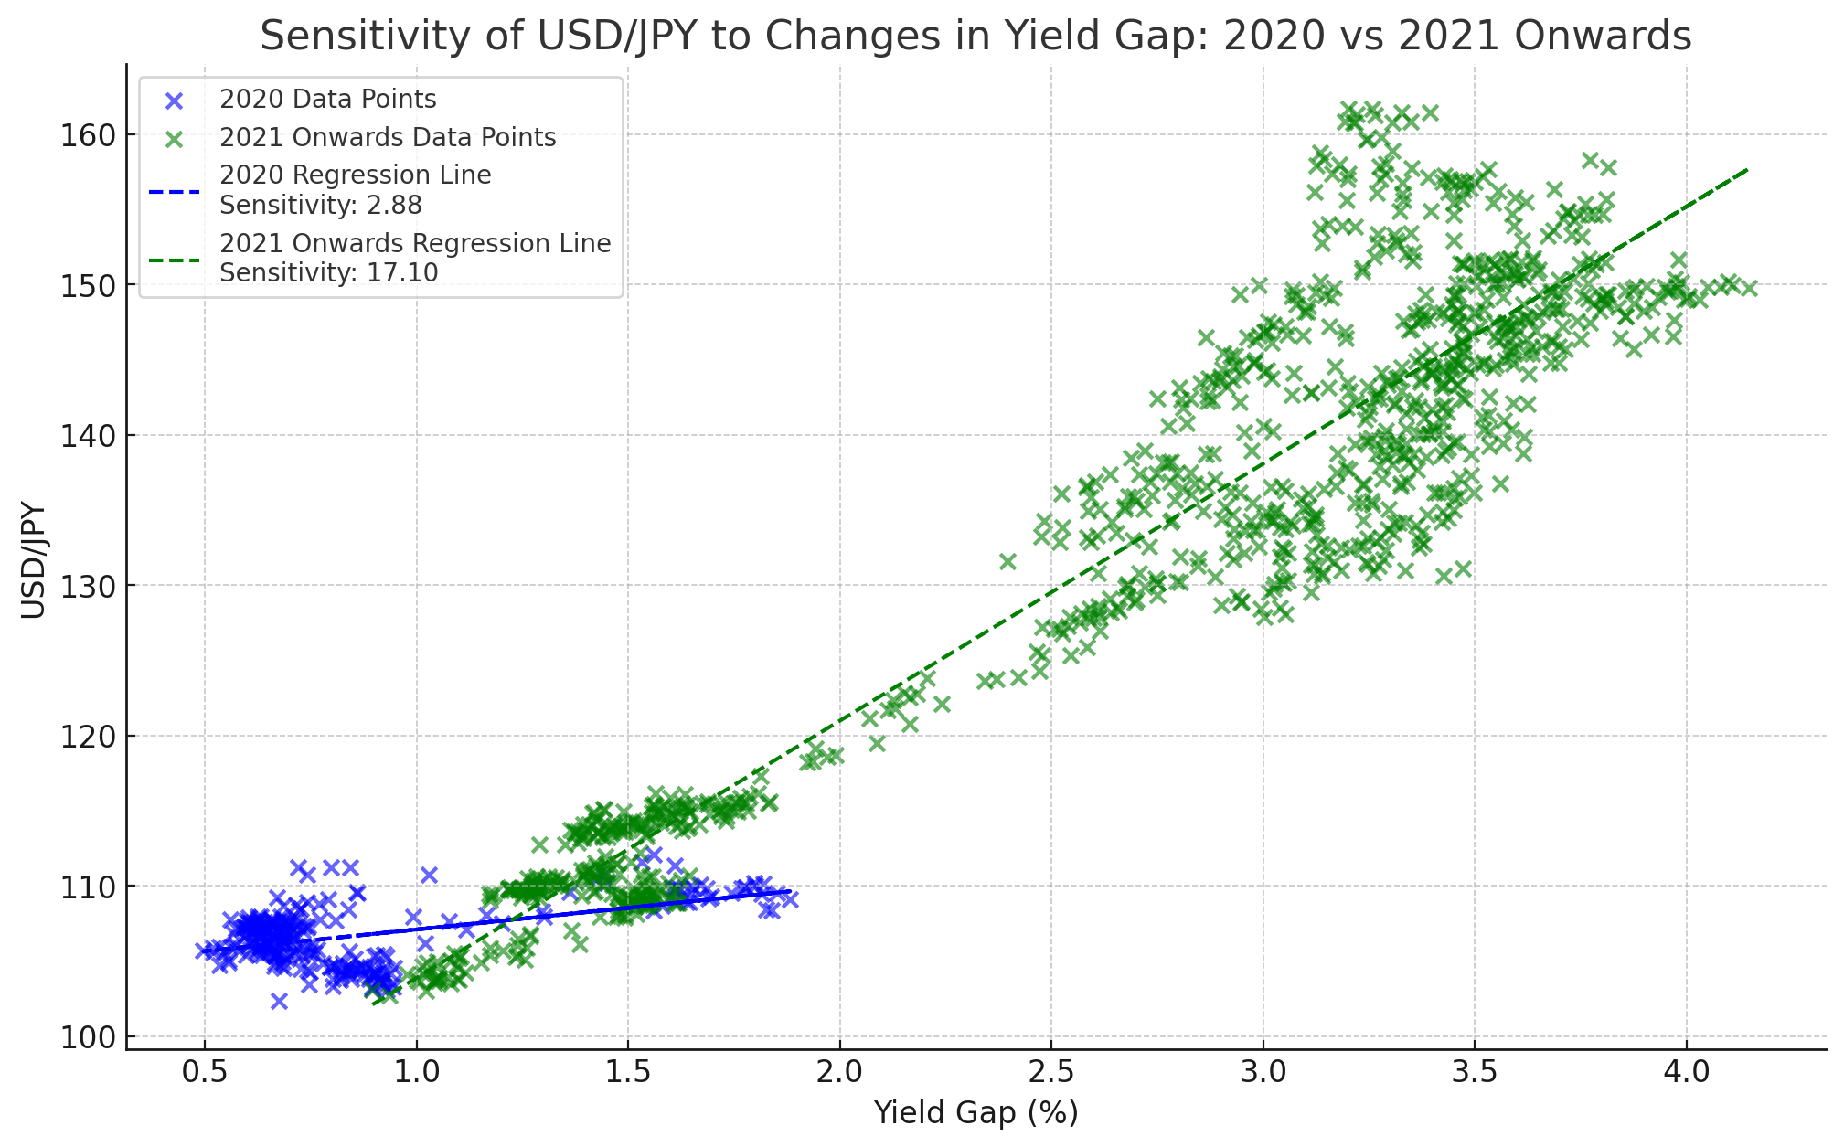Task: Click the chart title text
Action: pos(975,37)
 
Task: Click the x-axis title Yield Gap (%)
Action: pos(975,1112)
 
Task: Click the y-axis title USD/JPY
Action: pos(34,559)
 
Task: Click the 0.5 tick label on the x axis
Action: pos(205,1070)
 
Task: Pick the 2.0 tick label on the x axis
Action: pos(839,1070)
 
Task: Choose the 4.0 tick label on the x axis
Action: pos(1686,1070)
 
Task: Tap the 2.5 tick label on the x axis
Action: pos(1051,1070)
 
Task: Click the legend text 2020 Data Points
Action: pos(327,99)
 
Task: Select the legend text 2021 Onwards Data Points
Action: pos(388,137)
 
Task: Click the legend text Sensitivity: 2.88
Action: pos(321,205)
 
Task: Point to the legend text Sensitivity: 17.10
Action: pos(329,272)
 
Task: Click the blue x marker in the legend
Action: pos(174,100)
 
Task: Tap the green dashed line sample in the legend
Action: pos(174,259)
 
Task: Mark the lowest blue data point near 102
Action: pos(279,1001)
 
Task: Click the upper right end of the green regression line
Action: pos(1747,169)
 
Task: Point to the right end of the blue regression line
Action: pos(789,890)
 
